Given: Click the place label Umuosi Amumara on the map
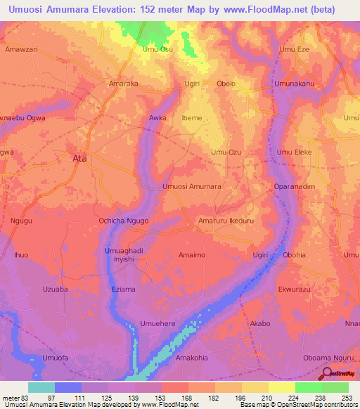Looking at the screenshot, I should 192,187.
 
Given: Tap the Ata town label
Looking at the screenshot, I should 80,159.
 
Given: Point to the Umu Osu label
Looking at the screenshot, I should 157,49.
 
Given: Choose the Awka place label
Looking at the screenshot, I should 157,118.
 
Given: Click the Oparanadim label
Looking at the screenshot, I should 294,187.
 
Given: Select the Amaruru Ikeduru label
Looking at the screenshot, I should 224,221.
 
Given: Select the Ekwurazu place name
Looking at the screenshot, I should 294,289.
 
